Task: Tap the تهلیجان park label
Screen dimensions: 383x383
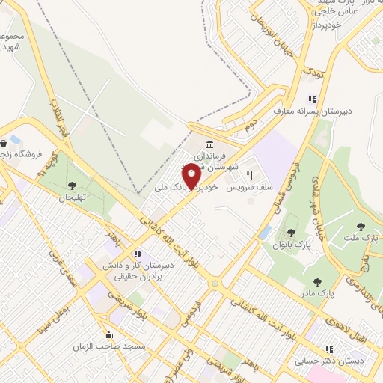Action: point(73,197)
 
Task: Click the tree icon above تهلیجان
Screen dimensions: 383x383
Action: point(72,185)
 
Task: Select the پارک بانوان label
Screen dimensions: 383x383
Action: point(290,244)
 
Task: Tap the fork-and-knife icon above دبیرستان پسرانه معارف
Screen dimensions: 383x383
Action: point(312,99)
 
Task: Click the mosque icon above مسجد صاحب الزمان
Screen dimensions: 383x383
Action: point(110,334)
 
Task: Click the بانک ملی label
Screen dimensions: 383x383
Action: point(169,187)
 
